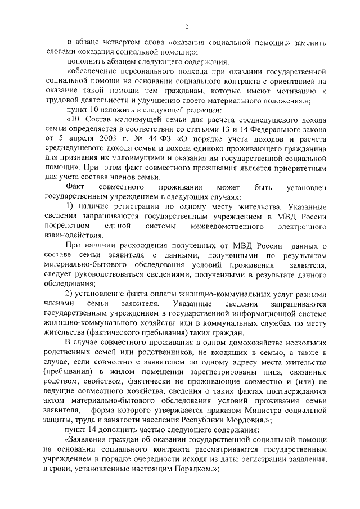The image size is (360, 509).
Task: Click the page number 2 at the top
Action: [x=187, y=26]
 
